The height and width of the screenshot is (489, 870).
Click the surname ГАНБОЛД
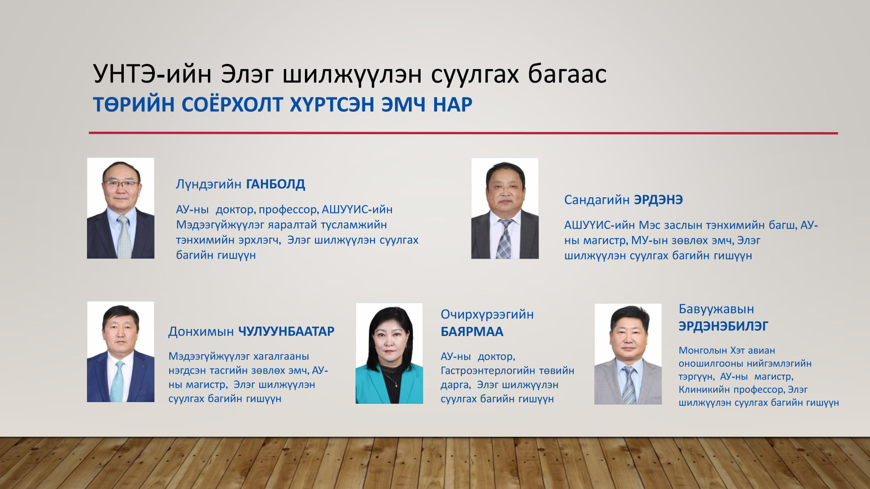(276, 184)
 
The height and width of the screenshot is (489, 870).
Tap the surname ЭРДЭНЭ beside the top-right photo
(658, 200)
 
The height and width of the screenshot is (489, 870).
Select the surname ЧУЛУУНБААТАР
(286, 332)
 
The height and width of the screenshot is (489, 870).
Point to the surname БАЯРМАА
(472, 332)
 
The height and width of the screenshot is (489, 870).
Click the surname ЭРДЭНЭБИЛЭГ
(723, 326)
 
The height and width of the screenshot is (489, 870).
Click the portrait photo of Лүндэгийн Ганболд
(120, 208)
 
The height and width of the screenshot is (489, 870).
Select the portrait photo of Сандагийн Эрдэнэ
(505, 209)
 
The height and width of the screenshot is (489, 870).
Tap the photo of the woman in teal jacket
(389, 353)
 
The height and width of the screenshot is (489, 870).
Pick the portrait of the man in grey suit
(628, 354)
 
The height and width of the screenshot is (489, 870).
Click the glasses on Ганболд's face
(120, 184)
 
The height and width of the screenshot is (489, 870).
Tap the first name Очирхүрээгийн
(487, 314)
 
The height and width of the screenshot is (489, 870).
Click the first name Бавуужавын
(716, 309)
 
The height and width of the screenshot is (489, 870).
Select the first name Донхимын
(201, 332)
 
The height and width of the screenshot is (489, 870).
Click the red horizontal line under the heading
(463, 133)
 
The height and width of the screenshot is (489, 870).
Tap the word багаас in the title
(567, 74)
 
